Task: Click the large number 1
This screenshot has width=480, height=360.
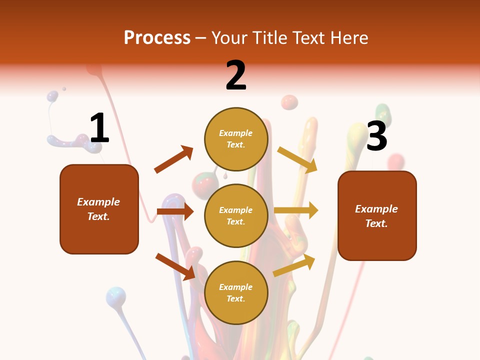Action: (x=99, y=128)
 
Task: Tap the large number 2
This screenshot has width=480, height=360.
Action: (x=236, y=75)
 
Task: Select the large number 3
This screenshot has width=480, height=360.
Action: (x=376, y=136)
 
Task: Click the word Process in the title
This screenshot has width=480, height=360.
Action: (x=157, y=38)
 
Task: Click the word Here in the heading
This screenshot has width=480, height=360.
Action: (x=349, y=38)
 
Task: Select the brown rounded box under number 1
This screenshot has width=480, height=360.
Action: (x=99, y=209)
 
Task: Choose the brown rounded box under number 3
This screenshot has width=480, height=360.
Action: (x=377, y=216)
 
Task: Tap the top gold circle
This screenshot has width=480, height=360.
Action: (x=236, y=139)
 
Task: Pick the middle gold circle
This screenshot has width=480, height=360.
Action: (x=236, y=215)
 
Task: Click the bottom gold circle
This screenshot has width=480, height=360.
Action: (x=236, y=292)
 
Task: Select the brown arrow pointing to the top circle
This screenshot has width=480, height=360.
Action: (x=174, y=159)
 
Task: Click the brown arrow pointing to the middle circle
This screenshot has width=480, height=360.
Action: (x=175, y=212)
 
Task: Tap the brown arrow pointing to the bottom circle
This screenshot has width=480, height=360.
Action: (x=175, y=266)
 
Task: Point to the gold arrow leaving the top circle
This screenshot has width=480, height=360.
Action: (x=298, y=159)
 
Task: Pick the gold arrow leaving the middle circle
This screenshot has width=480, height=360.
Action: (x=296, y=210)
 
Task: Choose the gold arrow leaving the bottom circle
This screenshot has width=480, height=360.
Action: (x=294, y=265)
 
